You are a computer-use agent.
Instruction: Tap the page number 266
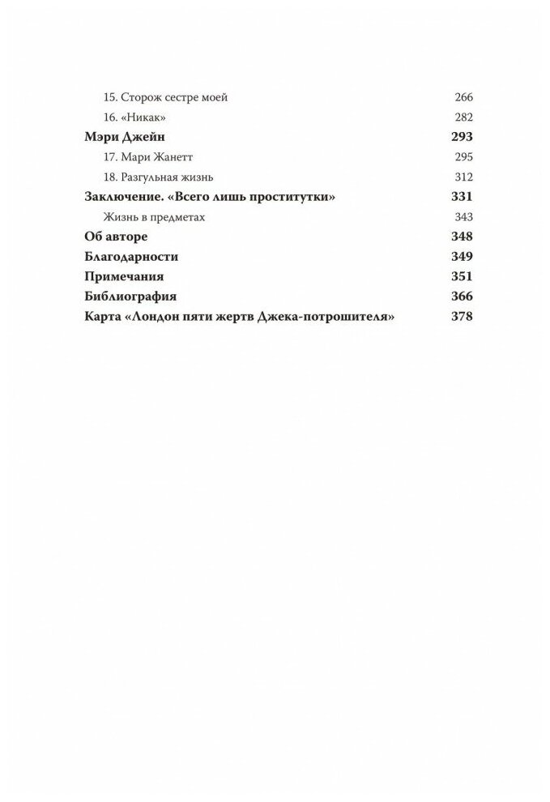pos(464,97)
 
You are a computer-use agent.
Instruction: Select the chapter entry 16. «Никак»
pos(130,117)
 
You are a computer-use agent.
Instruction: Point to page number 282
pos(464,117)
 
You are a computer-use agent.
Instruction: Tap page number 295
pos(464,157)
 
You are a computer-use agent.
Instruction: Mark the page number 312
pos(464,177)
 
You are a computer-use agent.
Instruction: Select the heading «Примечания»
pos(126,276)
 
